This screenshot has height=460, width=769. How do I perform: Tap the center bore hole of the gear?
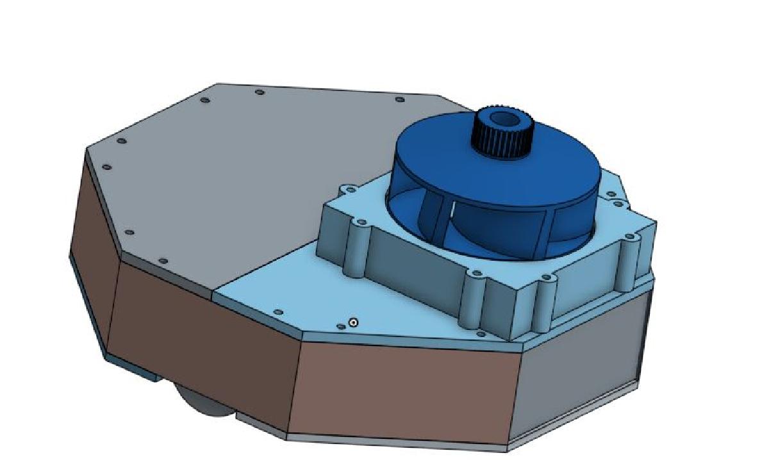pos(504,119)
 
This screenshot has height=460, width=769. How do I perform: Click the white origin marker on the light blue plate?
pos(352,323)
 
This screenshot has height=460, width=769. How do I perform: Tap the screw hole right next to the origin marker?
pos(340,326)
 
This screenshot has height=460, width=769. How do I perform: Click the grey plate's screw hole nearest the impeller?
pos(400,99)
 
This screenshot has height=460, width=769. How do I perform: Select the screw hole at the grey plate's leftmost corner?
pos(106,167)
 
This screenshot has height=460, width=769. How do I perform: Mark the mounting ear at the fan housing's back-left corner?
pos(349,190)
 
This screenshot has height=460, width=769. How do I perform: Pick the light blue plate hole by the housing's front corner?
pos(481,334)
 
